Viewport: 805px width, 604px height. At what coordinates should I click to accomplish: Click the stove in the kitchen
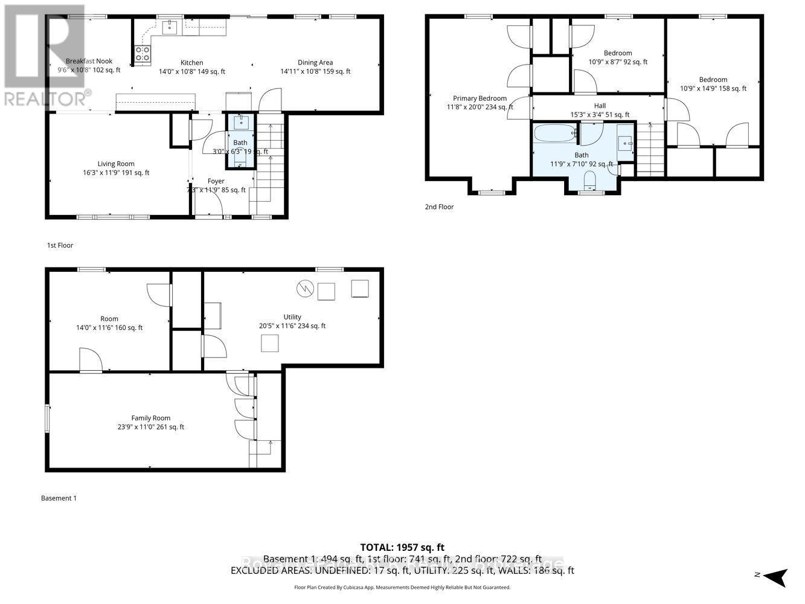143,54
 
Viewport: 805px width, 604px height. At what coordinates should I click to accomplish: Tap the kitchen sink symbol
170,27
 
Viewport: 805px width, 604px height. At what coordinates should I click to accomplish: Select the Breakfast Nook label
89,61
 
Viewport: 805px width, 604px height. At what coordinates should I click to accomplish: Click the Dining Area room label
315,63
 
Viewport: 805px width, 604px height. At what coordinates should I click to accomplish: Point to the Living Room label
116,164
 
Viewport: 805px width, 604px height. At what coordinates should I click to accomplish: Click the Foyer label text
216,181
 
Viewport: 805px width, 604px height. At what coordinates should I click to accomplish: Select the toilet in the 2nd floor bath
589,179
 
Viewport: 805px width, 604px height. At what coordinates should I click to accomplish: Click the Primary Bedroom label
479,98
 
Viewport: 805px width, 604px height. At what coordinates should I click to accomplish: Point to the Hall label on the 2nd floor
600,106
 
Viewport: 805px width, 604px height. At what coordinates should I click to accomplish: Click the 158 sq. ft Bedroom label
713,80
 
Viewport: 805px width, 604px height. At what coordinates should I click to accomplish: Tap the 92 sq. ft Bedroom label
618,53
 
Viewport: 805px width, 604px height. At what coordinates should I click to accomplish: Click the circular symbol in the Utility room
305,289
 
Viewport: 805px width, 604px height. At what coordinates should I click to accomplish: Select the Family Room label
151,418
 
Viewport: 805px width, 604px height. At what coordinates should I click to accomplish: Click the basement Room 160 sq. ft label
109,319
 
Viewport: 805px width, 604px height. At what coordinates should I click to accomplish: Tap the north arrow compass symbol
774,576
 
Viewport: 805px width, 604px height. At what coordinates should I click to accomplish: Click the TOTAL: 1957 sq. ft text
402,548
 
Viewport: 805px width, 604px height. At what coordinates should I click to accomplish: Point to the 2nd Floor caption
439,207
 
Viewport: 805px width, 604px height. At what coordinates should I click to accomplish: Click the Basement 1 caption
59,498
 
